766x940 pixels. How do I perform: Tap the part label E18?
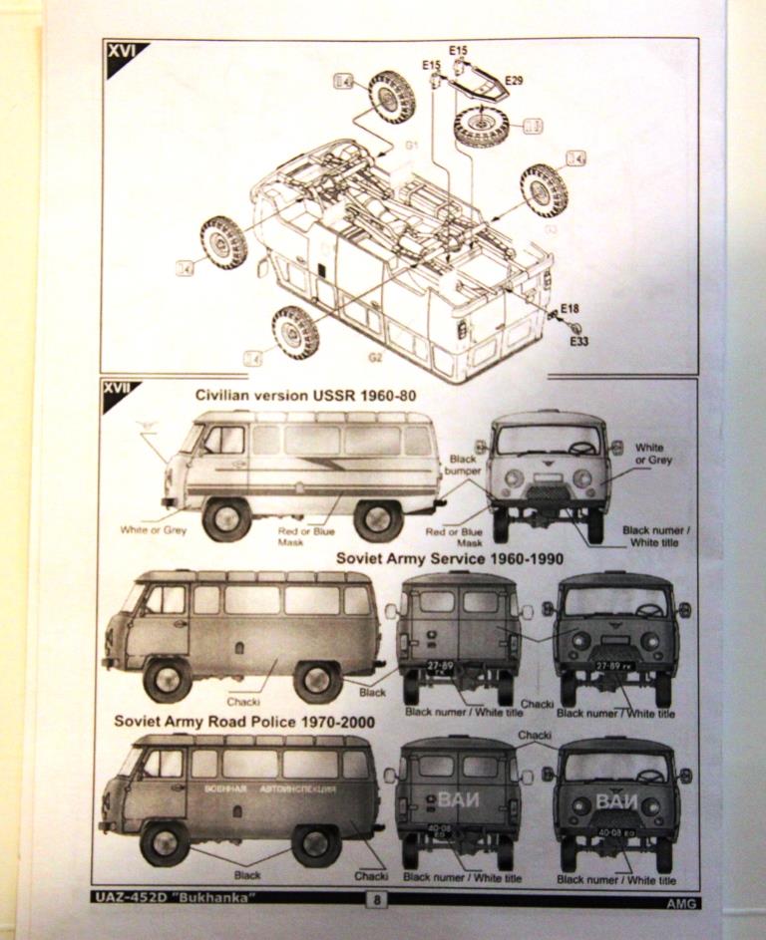(570, 308)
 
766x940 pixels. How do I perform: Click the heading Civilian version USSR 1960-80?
(305, 396)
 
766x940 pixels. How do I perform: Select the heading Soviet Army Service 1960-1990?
(411, 559)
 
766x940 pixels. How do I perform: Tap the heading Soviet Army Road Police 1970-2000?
(244, 721)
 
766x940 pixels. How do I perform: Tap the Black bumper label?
(464, 466)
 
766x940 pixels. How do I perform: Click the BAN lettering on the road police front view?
(615, 800)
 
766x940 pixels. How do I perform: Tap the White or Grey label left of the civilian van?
(154, 530)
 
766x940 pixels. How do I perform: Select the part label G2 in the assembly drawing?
(375, 356)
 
